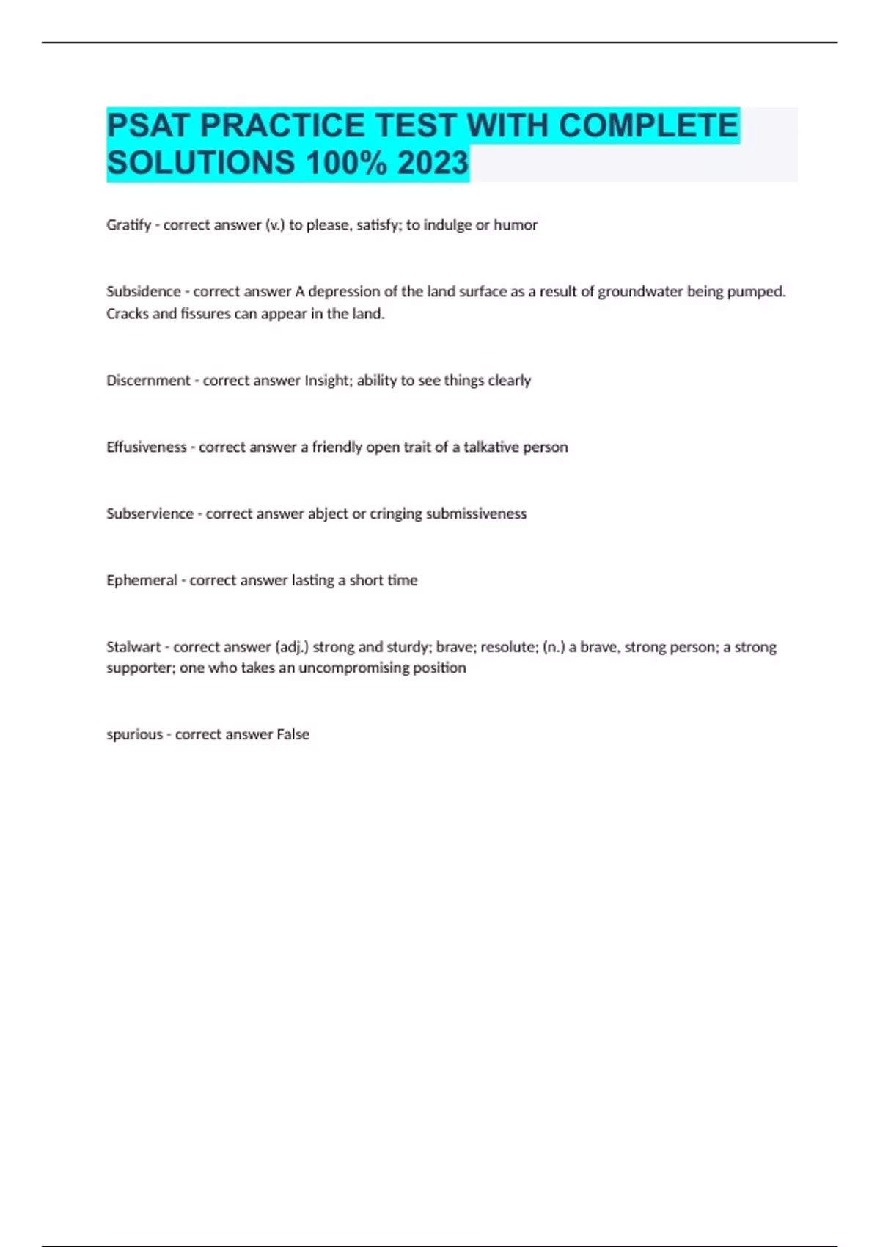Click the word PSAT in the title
click(148, 125)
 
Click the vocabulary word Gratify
click(128, 225)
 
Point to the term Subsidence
click(144, 291)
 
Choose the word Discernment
click(148, 381)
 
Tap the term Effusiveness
click(147, 447)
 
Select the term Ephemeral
click(142, 580)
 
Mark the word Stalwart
click(133, 647)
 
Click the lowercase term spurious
click(134, 734)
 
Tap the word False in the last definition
click(293, 734)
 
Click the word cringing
click(395, 513)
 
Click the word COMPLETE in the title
click(648, 125)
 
